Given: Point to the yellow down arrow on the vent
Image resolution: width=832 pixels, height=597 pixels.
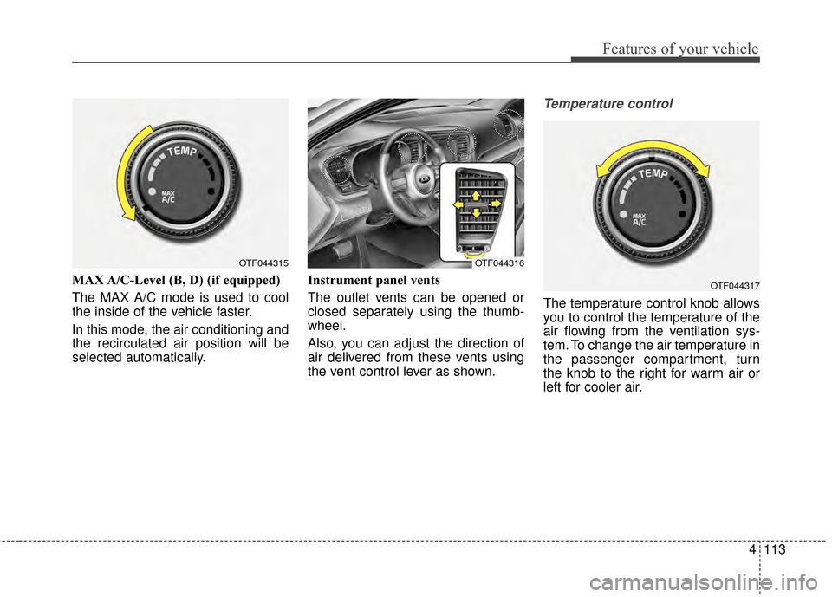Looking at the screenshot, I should point(476,211).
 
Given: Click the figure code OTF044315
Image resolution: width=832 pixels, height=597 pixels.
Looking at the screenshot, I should point(263,263).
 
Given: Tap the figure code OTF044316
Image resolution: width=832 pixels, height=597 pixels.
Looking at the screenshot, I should point(499,263).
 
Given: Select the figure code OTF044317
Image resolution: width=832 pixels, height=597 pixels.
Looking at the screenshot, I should point(735,284).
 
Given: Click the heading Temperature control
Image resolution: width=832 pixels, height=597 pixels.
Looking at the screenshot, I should point(608,103).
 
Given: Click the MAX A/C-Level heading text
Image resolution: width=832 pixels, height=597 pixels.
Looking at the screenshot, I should point(176,281).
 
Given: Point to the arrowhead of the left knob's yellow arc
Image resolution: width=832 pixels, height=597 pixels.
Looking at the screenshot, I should point(128,217).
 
